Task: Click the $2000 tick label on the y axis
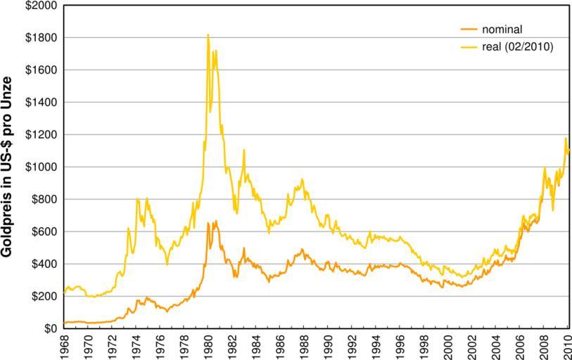click(41, 6)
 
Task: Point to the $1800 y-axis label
click(41, 37)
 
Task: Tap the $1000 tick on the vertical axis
click(41, 167)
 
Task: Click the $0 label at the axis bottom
click(49, 328)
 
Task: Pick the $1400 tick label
click(41, 102)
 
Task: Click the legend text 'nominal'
click(502, 30)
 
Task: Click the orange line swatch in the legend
click(467, 30)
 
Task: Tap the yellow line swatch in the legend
click(467, 46)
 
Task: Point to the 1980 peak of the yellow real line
click(208, 35)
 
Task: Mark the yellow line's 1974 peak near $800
click(137, 200)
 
